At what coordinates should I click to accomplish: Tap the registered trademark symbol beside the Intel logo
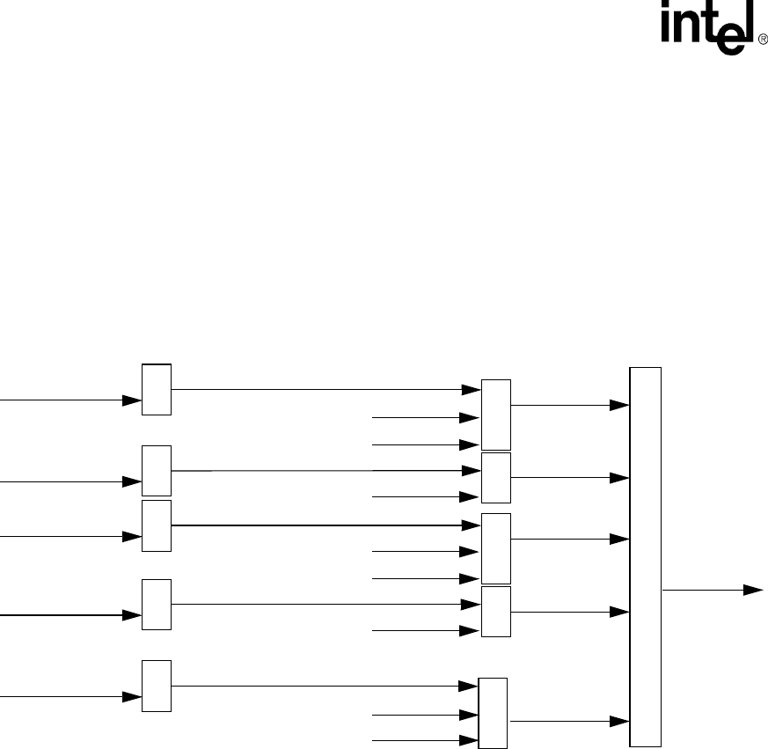coord(762,40)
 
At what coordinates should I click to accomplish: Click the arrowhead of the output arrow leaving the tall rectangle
coord(753,590)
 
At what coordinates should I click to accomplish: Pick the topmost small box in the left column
coord(157,389)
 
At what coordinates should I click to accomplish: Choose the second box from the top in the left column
coord(157,471)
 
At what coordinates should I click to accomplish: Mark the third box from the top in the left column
coord(157,525)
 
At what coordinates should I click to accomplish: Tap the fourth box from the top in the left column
coord(157,605)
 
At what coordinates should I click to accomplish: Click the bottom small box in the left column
coord(157,686)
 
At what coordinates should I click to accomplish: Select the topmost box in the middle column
coord(496,415)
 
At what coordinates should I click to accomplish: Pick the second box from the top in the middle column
coord(496,478)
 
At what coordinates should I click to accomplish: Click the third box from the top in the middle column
coord(496,548)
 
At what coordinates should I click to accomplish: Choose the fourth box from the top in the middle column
coord(496,612)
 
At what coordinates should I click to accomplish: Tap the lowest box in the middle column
coord(493,714)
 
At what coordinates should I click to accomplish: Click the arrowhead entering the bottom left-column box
coord(132,696)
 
